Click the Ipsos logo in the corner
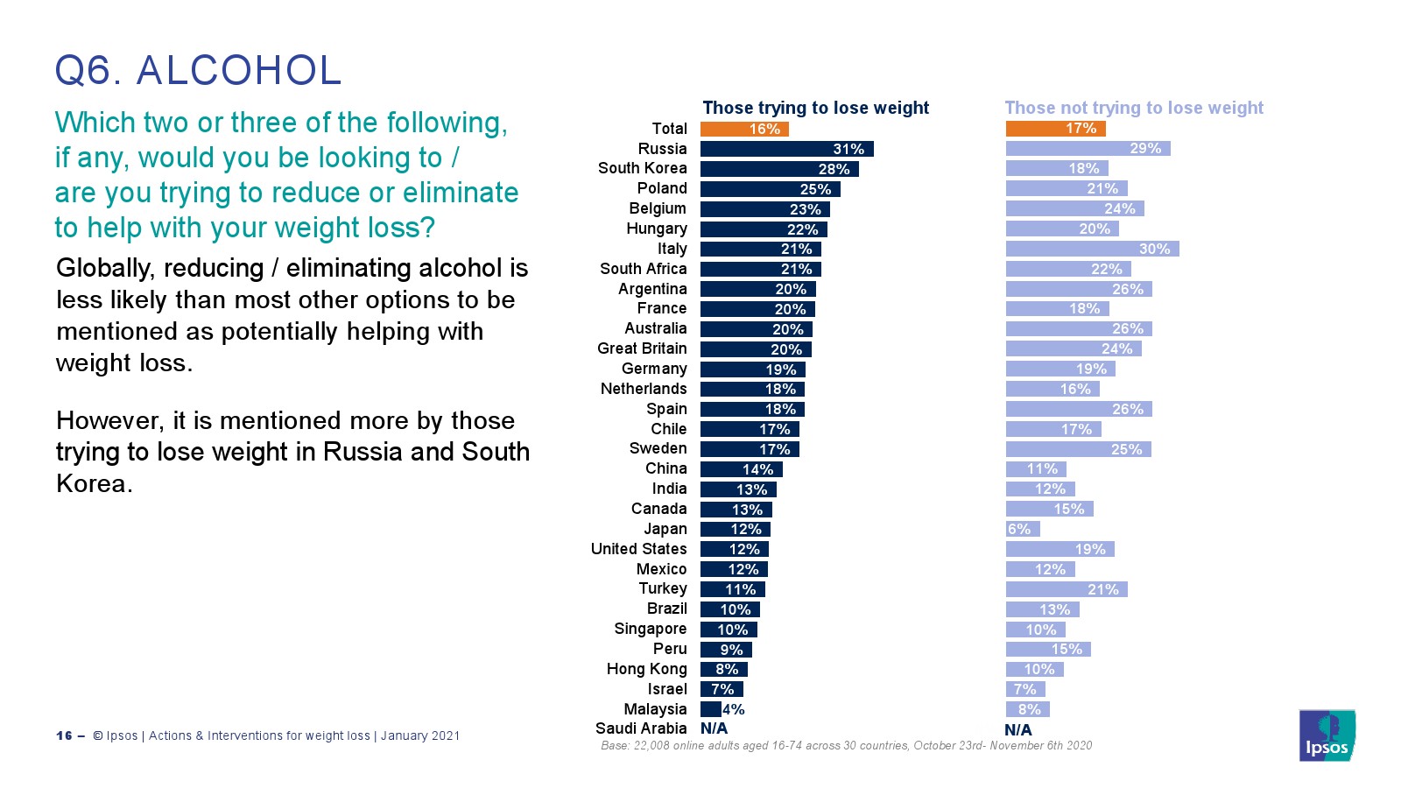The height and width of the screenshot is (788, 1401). pos(1327,735)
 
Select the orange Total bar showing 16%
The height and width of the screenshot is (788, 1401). pos(744,129)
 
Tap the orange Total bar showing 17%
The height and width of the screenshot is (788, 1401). pos(1055,129)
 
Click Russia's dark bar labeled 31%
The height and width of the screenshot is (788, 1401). pos(786,149)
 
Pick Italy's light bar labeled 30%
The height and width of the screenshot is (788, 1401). pos(1092,249)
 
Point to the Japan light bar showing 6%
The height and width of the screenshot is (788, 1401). pos(1023,529)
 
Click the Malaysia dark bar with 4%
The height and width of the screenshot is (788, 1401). pos(711,709)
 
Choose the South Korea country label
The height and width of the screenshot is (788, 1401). pos(642,168)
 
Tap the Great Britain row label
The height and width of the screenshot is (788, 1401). pos(642,348)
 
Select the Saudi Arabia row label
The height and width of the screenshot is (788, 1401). pos(641,728)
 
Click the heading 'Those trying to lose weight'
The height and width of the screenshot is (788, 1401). pos(815,108)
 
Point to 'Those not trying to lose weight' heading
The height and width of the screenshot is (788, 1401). pos(1134,108)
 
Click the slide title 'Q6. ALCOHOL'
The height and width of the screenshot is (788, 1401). pos(198,70)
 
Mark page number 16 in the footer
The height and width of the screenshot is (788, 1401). pos(64,735)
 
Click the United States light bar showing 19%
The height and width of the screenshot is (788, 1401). pos(1060,549)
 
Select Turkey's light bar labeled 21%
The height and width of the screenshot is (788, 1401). pos(1066,589)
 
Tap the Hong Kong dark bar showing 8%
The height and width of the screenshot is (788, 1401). pos(723,669)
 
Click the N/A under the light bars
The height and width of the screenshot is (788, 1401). pos(1017,729)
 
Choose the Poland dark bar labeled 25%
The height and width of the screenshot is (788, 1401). pos(770,188)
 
